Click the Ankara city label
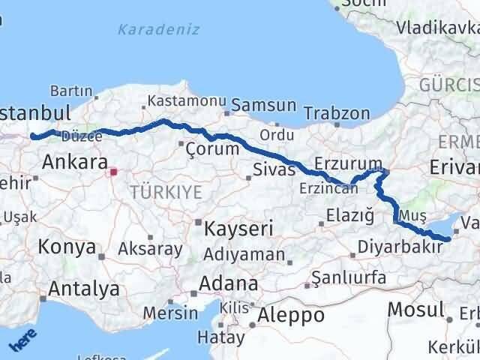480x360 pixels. (73, 162)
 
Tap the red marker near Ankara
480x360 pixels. (113, 172)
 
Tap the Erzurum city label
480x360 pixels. (349, 163)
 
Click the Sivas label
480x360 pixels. (274, 169)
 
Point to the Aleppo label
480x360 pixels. (291, 315)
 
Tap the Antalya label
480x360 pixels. (83, 289)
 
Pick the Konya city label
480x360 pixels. (67, 247)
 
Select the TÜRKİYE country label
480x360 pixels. (166, 192)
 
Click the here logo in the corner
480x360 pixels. (22, 342)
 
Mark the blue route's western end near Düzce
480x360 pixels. (31, 136)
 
